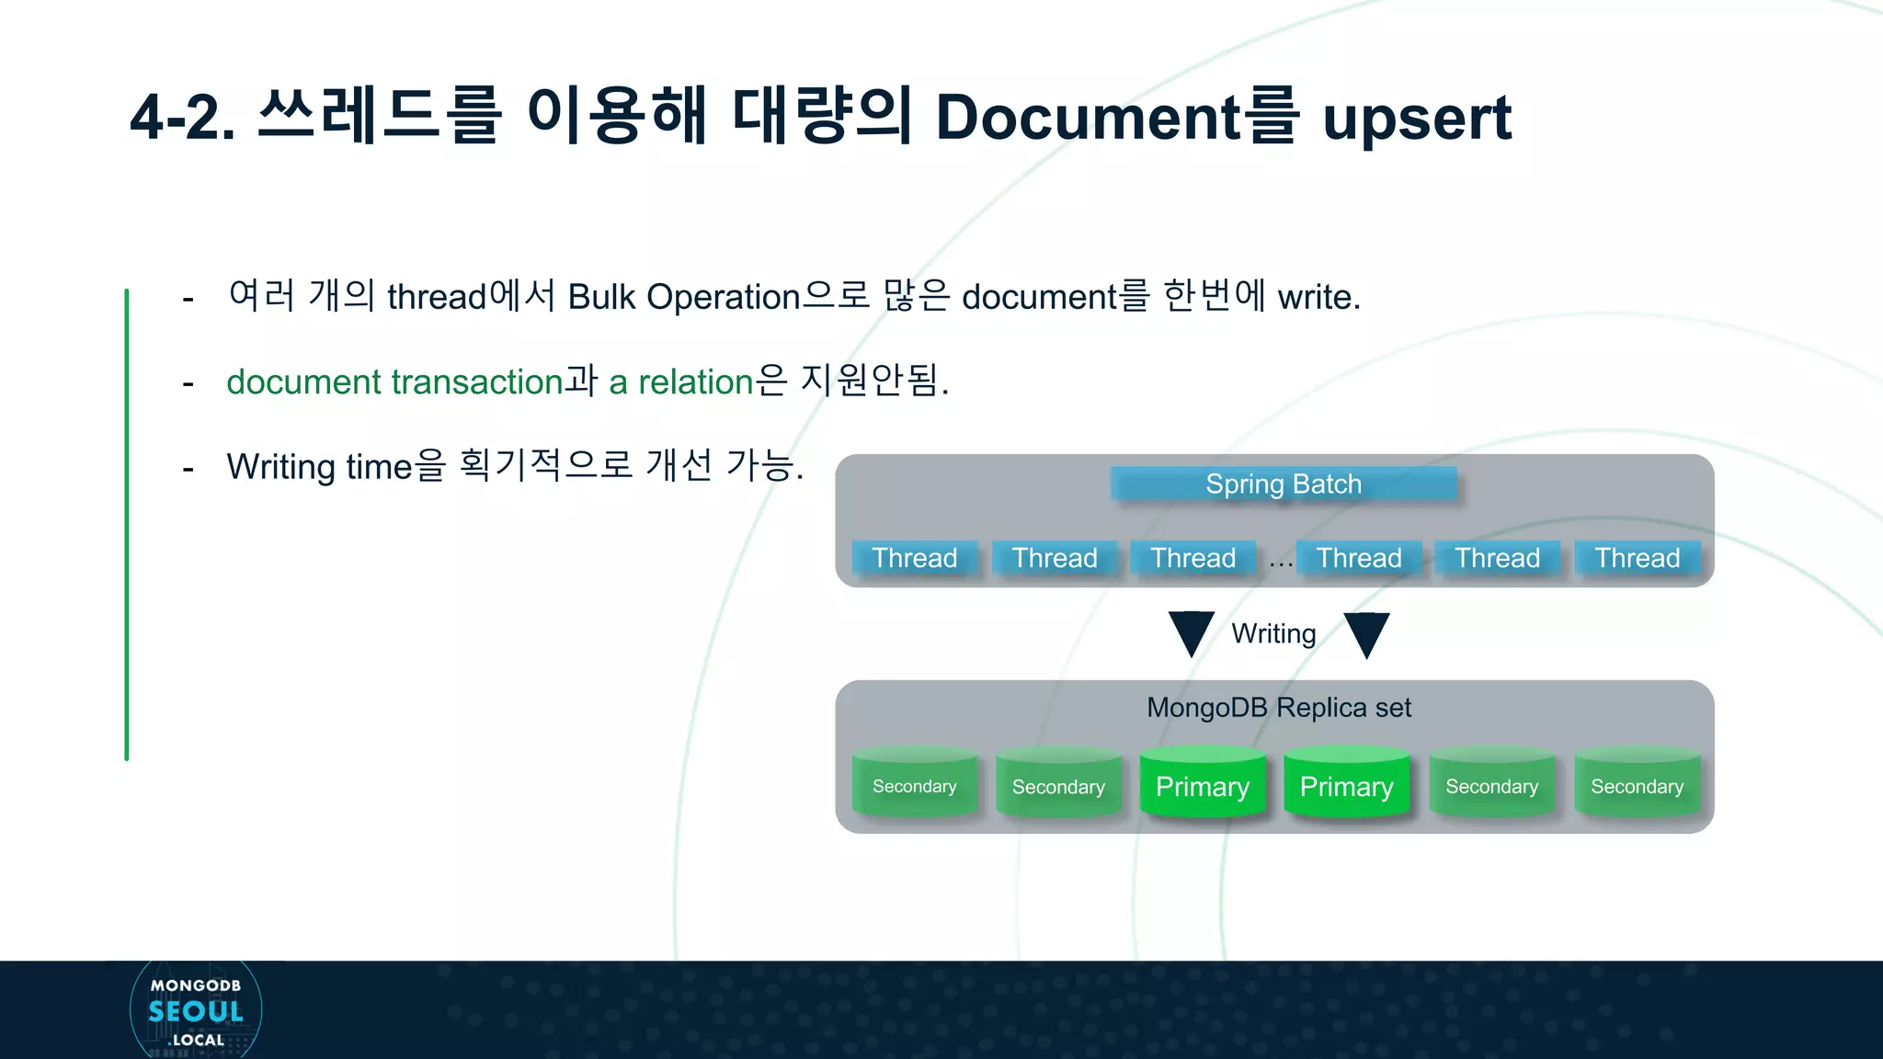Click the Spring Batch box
[x=1284, y=484]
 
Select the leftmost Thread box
[x=914, y=558]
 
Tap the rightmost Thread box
[x=1637, y=558]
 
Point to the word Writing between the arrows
[x=1273, y=633]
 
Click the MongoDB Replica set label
[x=1278, y=708]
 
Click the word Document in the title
[x=1088, y=118]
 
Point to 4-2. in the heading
[x=182, y=118]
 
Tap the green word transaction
[x=477, y=381]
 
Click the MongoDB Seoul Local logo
[x=196, y=1010]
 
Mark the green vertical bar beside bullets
[x=127, y=524]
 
